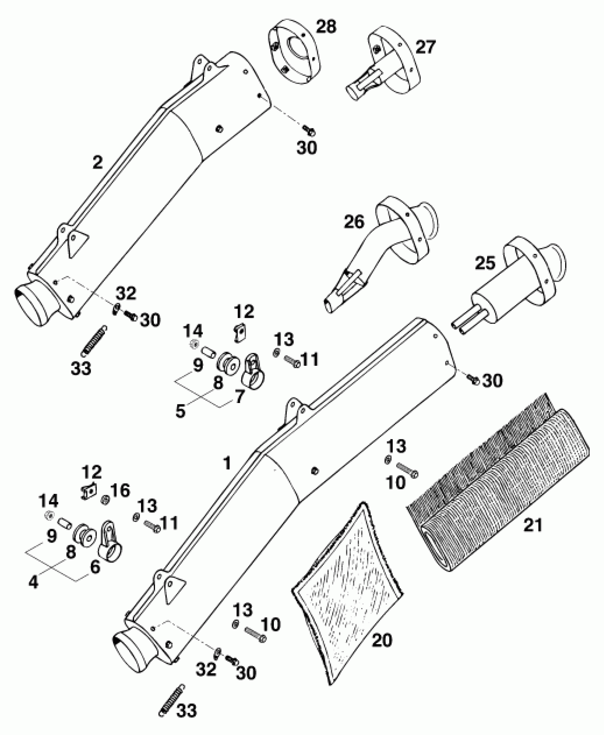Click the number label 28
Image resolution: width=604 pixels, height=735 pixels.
tap(325, 27)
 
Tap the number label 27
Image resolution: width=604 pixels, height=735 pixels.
tap(425, 47)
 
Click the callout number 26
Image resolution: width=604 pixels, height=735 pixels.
tap(354, 222)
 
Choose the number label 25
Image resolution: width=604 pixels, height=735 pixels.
tap(485, 263)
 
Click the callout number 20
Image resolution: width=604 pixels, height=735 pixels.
tap(382, 640)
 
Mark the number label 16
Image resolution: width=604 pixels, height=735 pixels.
tap(120, 491)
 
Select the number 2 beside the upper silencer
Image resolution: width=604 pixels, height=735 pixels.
tap(97, 163)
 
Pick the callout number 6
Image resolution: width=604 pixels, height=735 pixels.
tap(95, 567)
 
